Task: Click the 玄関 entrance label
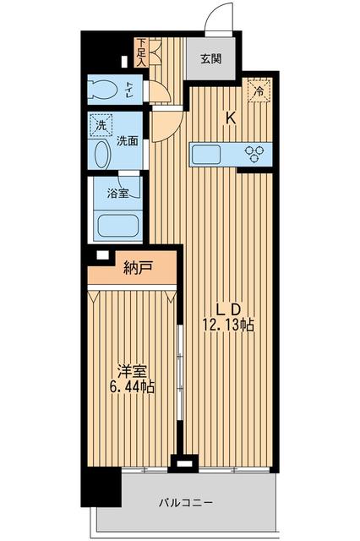click(x=211, y=59)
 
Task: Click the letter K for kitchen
click(x=229, y=118)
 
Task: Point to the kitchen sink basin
click(x=206, y=155)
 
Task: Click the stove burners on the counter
click(x=254, y=153)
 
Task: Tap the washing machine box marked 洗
click(x=100, y=123)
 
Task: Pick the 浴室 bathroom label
click(x=117, y=194)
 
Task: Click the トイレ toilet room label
click(x=128, y=87)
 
